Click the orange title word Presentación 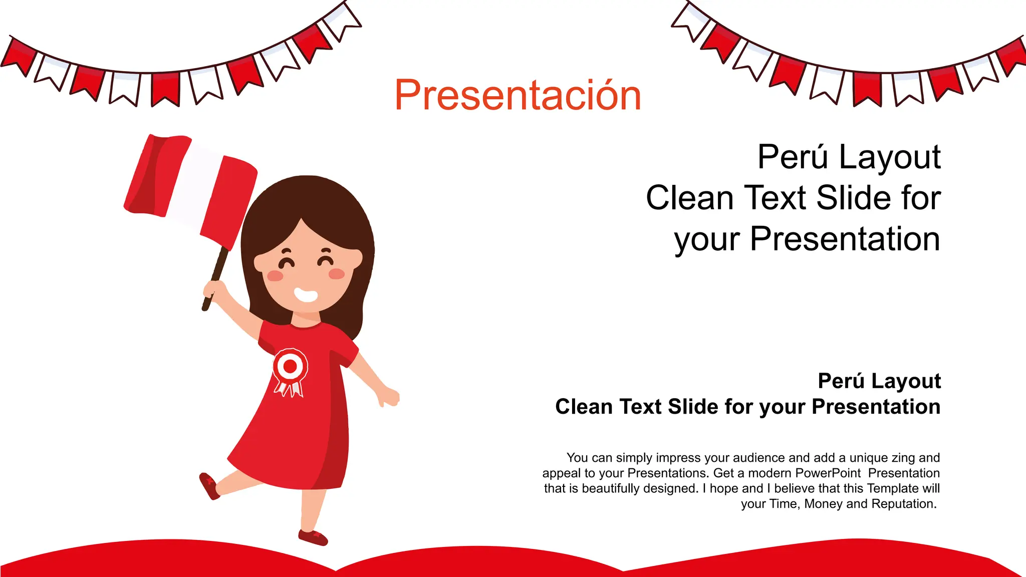coord(518,95)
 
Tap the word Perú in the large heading coord(793,157)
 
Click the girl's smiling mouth coord(306,295)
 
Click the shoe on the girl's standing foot coord(313,537)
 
